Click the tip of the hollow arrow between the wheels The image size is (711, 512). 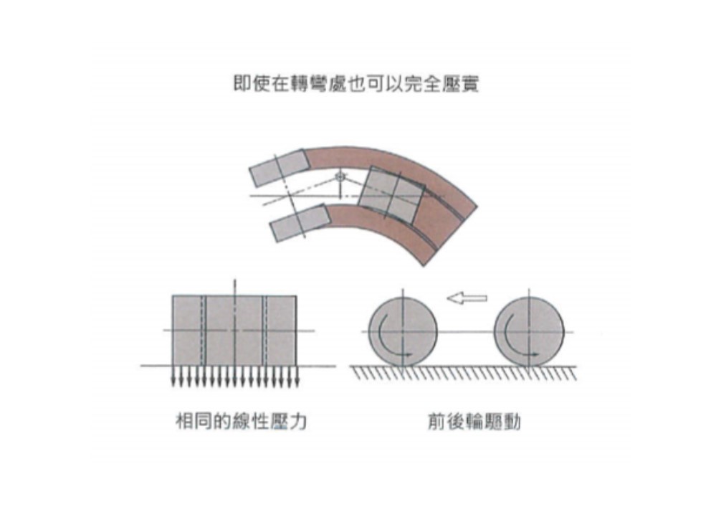pyautogui.click(x=447, y=298)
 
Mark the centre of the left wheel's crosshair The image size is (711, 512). pyautogui.click(x=403, y=332)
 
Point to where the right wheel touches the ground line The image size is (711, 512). pyautogui.click(x=529, y=366)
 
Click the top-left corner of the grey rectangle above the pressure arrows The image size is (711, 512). pyautogui.click(x=172, y=296)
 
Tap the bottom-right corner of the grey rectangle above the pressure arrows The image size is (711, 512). pyautogui.click(x=297, y=365)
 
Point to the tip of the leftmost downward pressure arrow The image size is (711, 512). pyautogui.click(x=173, y=387)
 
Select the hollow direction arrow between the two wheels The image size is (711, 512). pyautogui.click(x=467, y=298)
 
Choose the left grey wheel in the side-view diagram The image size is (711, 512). pyautogui.click(x=403, y=332)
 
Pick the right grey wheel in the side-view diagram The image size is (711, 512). pyautogui.click(x=529, y=332)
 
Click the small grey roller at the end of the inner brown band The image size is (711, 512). pyautogui.click(x=300, y=223)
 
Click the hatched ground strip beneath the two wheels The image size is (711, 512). pyautogui.click(x=464, y=373)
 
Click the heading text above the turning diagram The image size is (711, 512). pyautogui.click(x=356, y=84)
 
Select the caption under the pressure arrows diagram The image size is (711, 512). pyautogui.click(x=242, y=422)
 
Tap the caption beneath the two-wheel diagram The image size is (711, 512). pyautogui.click(x=474, y=422)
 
